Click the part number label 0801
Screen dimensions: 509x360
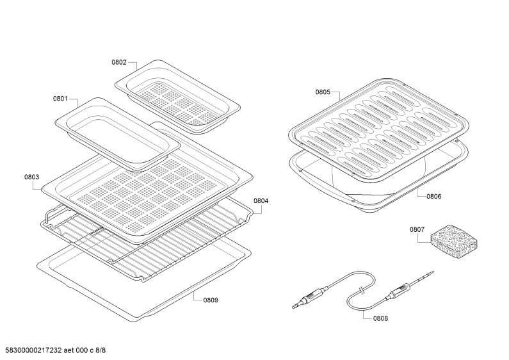[x=60, y=99]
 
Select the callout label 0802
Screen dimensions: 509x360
[x=119, y=62]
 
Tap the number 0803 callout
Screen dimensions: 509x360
[x=31, y=177]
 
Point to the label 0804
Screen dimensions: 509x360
[x=261, y=200]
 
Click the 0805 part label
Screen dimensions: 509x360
[x=323, y=92]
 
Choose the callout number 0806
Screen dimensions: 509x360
[x=433, y=196]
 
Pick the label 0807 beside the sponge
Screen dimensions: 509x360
[x=417, y=230]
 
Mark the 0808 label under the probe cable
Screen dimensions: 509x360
[x=380, y=318]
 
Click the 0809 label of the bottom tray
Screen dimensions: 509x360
[x=211, y=300]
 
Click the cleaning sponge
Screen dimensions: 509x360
[x=454, y=241]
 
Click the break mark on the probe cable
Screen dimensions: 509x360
[x=360, y=290]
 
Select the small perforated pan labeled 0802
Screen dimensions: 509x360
[x=178, y=97]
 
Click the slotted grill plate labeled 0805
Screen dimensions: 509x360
[x=379, y=130]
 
